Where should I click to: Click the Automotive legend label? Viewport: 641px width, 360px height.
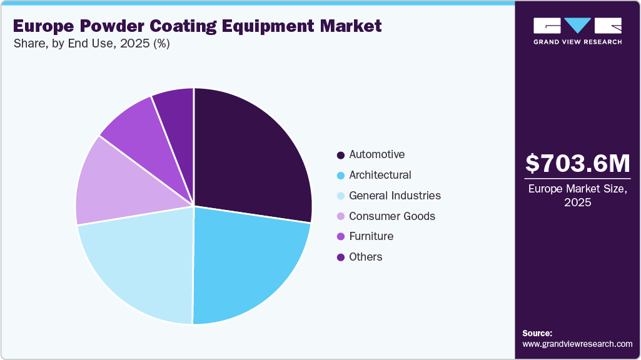click(376, 154)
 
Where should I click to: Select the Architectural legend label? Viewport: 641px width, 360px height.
click(380, 175)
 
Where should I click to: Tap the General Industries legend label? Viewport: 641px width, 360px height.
click(395, 196)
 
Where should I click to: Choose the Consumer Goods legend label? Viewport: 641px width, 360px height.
click(391, 216)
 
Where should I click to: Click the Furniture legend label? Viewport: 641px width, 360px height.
click(371, 236)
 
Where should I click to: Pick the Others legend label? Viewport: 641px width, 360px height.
click(365, 257)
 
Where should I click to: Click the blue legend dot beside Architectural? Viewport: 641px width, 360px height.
click(340, 176)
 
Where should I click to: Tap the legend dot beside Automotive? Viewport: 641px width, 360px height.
click(340, 155)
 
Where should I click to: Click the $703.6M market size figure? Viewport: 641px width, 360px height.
click(577, 164)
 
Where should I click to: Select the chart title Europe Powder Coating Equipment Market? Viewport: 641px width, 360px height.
click(197, 26)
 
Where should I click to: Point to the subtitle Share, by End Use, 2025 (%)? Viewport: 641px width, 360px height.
click(91, 44)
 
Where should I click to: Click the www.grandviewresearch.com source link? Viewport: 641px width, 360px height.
click(577, 344)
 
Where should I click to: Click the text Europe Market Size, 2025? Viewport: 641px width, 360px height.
click(577, 195)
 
